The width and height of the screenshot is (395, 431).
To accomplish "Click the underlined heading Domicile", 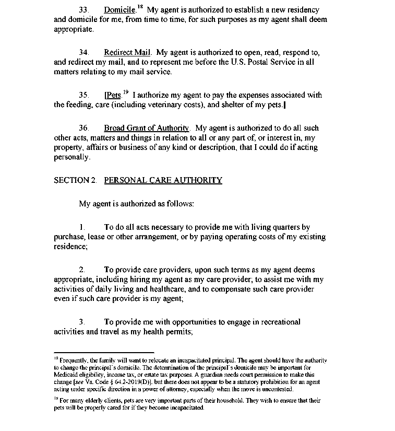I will tap(119, 10).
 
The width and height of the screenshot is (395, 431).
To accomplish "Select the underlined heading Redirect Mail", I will tap(127, 52).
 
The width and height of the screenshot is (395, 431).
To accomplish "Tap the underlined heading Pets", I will tap(113, 95).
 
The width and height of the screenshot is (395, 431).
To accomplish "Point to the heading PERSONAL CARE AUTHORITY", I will tap(163, 180).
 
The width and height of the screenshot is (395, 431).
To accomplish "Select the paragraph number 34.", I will tap(83, 52).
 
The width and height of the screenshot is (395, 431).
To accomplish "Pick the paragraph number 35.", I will tap(83, 95).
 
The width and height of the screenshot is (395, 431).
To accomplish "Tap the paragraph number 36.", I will tap(83, 128).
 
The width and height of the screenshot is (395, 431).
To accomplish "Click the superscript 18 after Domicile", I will tap(139, 7).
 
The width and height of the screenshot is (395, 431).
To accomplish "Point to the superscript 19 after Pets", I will tap(126, 92).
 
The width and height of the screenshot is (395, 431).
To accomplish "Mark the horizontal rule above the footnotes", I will tap(104, 353).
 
